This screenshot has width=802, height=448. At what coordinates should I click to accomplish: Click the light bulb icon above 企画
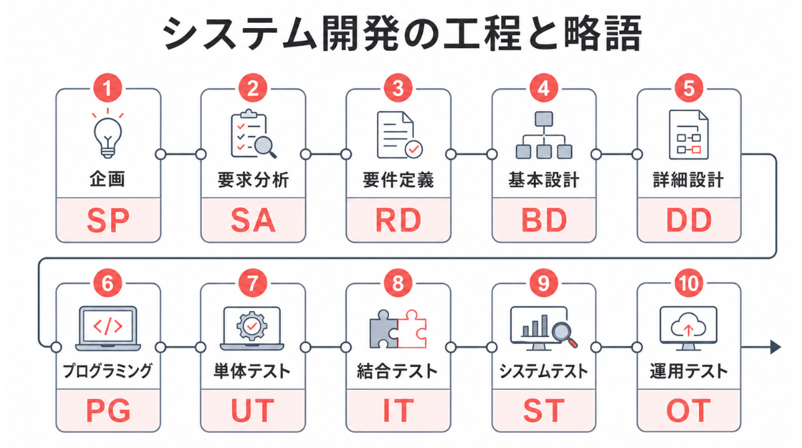click(x=108, y=134)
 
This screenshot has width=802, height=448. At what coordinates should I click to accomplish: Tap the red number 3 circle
click(x=398, y=88)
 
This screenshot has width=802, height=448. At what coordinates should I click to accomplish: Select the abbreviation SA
click(x=253, y=220)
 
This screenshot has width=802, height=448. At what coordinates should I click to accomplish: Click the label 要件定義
click(x=398, y=180)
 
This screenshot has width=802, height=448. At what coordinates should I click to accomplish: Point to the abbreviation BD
click(x=544, y=220)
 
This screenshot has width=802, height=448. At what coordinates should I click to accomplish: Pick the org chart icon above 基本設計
click(x=544, y=135)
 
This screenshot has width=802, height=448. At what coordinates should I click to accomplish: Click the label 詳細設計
click(x=688, y=180)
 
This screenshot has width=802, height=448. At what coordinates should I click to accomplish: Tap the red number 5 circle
click(x=689, y=88)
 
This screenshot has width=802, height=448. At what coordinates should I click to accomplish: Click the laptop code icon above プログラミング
click(x=108, y=328)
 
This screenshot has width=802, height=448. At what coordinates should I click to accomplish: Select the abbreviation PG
click(x=108, y=411)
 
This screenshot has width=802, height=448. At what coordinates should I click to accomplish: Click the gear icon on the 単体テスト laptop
click(x=252, y=326)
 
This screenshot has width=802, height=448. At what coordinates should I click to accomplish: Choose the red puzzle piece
click(x=412, y=329)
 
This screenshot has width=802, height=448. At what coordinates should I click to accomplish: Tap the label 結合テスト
click(x=397, y=371)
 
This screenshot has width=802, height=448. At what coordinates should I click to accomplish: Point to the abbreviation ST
click(x=544, y=411)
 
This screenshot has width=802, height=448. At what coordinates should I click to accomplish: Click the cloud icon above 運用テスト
click(x=688, y=325)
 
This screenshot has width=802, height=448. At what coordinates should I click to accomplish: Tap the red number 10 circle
click(x=689, y=284)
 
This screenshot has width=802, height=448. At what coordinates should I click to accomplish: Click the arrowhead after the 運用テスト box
click(x=775, y=347)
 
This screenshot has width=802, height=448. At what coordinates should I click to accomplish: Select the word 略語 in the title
click(x=602, y=33)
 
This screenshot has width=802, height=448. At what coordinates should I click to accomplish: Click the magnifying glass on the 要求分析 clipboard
click(x=265, y=147)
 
